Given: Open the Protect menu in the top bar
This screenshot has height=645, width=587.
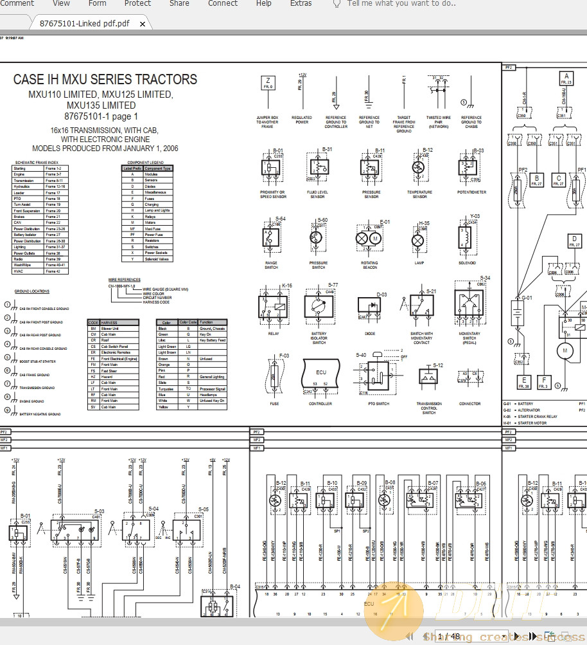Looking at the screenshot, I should point(137,3).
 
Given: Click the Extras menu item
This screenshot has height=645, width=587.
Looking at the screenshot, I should point(301,3).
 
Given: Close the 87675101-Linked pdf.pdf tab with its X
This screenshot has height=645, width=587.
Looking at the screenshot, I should point(143,24).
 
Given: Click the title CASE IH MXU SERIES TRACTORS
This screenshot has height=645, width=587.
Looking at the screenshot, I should point(105,80).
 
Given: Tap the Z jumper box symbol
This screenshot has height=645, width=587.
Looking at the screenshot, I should point(267,82).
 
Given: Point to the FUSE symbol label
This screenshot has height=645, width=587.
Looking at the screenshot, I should point(274,404).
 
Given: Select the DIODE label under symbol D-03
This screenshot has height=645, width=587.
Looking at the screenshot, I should point(371,334).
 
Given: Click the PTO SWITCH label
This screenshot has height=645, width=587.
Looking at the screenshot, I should point(378,404).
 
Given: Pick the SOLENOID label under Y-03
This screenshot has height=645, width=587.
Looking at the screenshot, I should point(468,263).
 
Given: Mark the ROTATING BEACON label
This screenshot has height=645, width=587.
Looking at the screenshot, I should point(369,265).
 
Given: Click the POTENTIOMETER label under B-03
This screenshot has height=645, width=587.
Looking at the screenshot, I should point(471,192).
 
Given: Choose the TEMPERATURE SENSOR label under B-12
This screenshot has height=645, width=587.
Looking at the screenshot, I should point(419,194).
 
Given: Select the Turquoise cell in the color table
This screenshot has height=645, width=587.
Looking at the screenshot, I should point(166,389).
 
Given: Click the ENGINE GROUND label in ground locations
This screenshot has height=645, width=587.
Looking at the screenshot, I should point(31,401).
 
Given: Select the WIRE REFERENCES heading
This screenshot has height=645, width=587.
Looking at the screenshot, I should point(125,280).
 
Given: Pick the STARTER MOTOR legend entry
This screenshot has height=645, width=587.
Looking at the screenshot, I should point(529,423).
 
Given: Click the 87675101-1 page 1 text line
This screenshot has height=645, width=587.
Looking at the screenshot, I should point(101,116).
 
